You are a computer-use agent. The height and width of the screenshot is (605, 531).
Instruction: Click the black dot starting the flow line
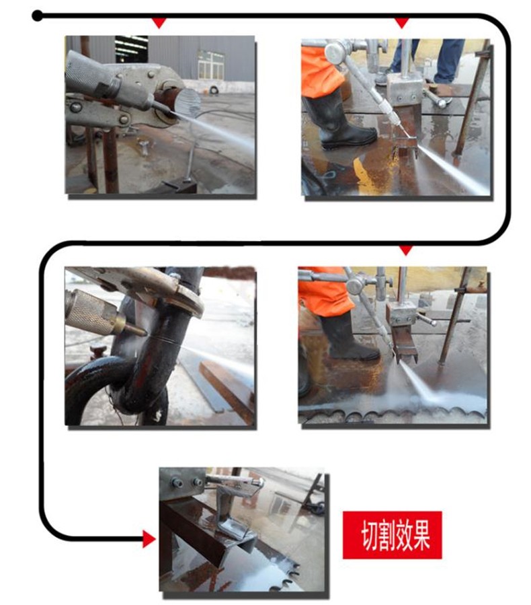(38, 16)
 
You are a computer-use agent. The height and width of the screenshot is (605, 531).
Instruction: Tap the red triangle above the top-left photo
(159, 23)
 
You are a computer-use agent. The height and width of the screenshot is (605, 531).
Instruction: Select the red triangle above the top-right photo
(402, 23)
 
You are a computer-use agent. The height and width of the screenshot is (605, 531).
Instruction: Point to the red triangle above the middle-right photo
(405, 250)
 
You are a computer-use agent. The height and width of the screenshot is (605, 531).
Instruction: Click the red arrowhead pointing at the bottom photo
(149, 538)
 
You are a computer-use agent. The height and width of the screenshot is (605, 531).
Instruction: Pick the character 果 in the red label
(421, 535)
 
